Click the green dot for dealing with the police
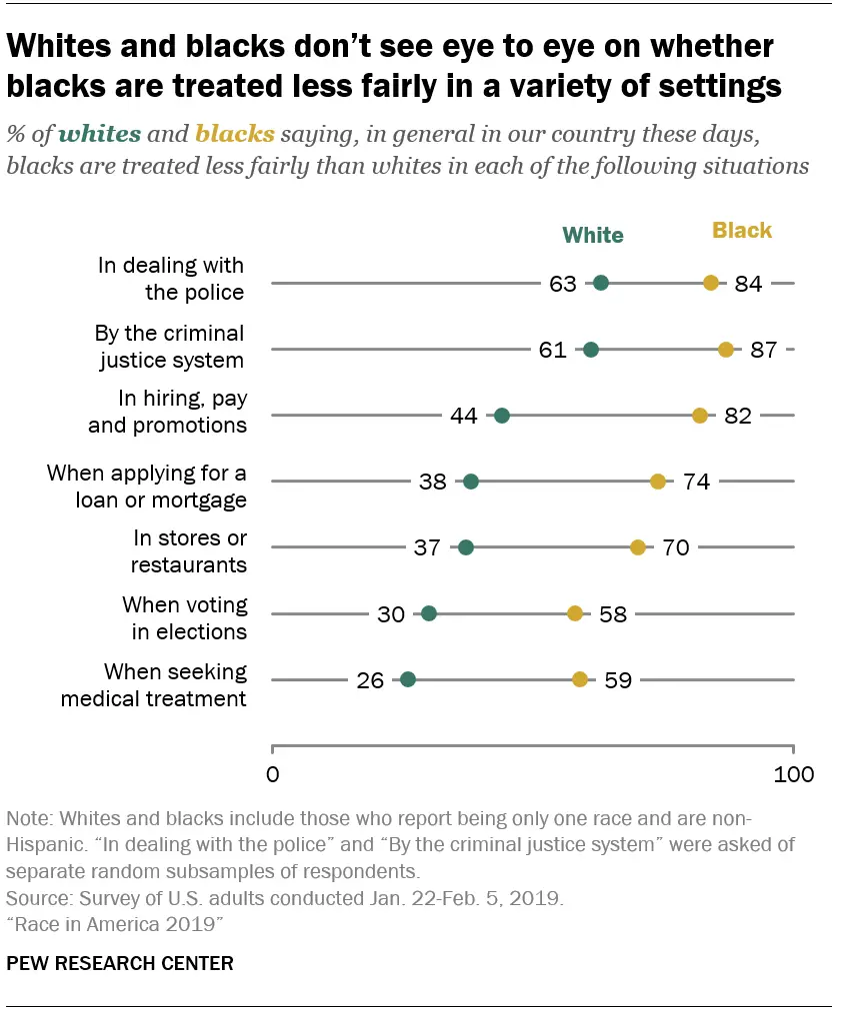[601, 283]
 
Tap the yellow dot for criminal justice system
[726, 350]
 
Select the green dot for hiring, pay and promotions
[502, 416]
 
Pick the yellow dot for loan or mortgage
[658, 482]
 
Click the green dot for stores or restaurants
[466, 547]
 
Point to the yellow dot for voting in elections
[575, 613]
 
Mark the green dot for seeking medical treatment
[408, 679]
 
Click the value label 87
[763, 350]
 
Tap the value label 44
[464, 416]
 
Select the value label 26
[370, 680]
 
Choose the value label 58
[613, 614]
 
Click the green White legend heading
[593, 236]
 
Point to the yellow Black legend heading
[742, 231]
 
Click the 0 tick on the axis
[273, 773]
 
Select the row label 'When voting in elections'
[184, 618]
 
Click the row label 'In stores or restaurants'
[190, 551]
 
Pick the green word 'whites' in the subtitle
[100, 133]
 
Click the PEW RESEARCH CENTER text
[120, 963]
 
